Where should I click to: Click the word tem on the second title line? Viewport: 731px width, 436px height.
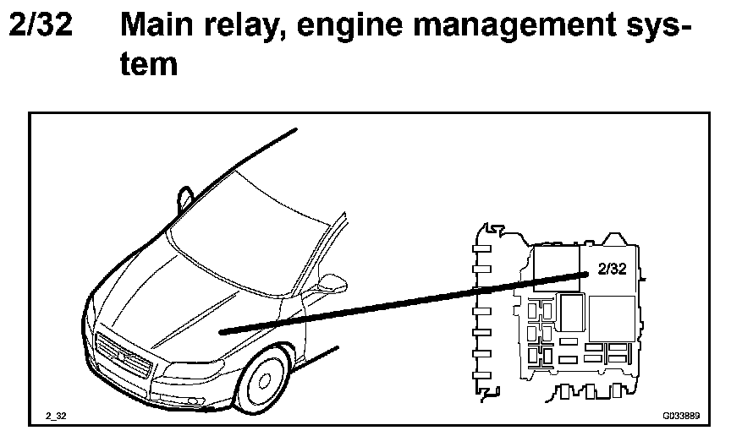[149, 64]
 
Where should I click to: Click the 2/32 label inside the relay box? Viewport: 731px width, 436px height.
[612, 269]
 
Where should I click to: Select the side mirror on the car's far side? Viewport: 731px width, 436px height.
[184, 197]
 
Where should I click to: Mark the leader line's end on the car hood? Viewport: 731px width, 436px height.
[220, 332]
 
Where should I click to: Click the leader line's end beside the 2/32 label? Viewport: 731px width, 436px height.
[585, 274]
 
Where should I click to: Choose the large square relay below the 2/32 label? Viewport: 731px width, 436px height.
[611, 316]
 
